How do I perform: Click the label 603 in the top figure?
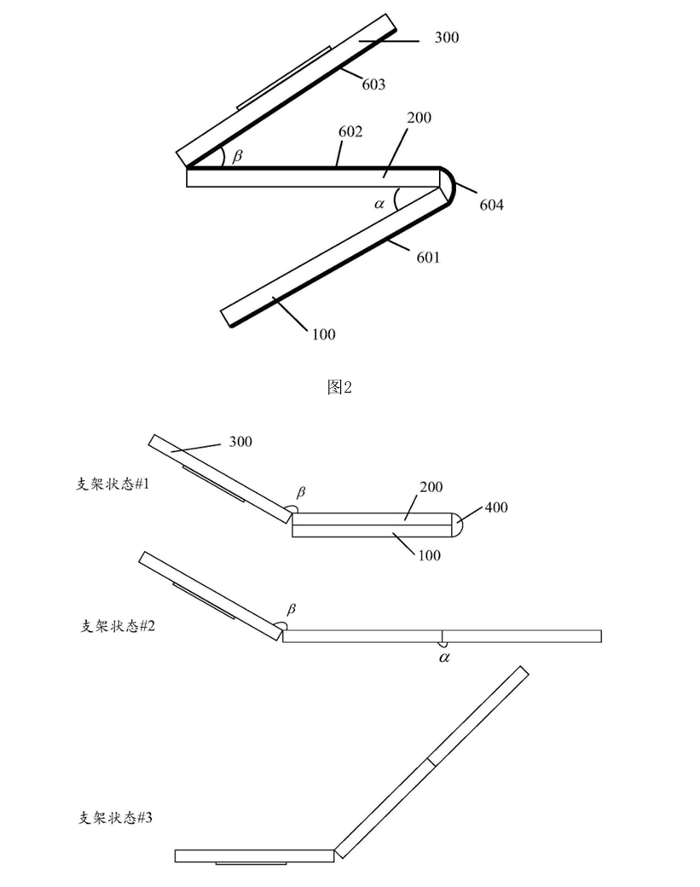point(373,84)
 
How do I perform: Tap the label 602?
point(350,132)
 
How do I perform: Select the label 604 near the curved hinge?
point(491,205)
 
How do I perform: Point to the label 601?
point(428,256)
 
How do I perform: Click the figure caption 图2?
point(339,387)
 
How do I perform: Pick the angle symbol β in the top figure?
point(237,157)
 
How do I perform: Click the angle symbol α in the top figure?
point(379,204)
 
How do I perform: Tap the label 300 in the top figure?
point(446,38)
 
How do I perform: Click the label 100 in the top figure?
point(323,333)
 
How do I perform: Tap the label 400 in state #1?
point(496,507)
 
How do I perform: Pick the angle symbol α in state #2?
point(444,657)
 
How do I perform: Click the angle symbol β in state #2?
point(292,609)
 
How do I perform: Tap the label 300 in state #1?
point(240,442)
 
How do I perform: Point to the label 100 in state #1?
point(429,555)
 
